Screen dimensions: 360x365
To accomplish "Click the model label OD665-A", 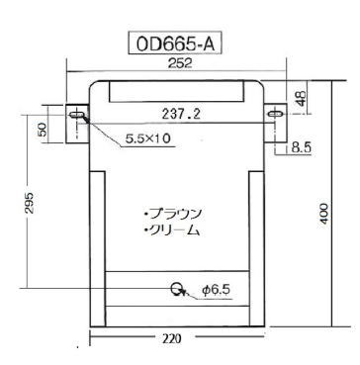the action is (175, 45).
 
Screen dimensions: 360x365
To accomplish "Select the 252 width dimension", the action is (180, 63).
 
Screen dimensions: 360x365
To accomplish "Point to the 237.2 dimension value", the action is (181, 115).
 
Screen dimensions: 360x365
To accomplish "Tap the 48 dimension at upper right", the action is (302, 98).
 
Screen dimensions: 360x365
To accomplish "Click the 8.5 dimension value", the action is (301, 148).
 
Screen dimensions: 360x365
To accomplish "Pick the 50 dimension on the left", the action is (43, 129).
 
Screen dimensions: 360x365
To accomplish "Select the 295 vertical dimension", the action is (30, 203).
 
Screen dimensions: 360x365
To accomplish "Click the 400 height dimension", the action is (324, 214).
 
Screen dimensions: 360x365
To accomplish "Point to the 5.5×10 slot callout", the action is (147, 138).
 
